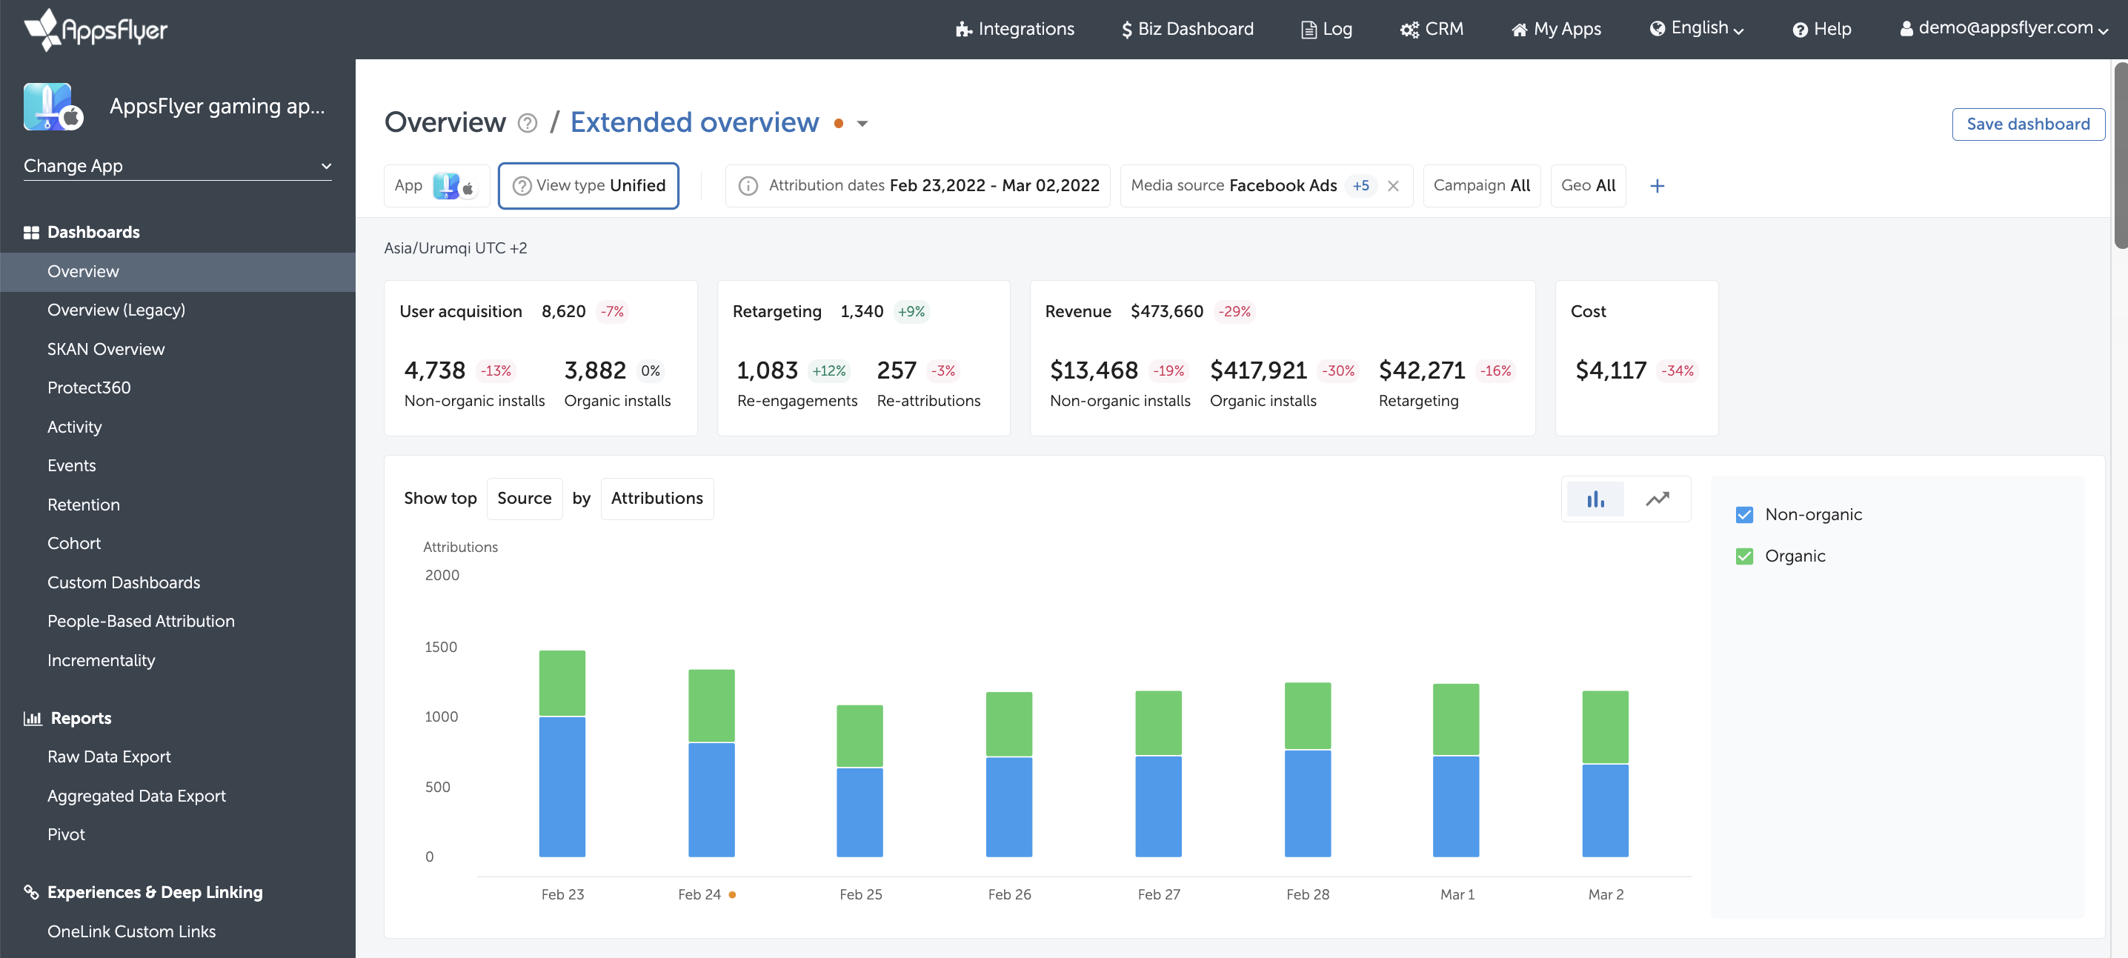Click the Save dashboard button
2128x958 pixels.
pos(2027,124)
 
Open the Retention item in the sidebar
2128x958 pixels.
pos(84,505)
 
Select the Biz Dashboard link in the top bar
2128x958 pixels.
pos(1187,29)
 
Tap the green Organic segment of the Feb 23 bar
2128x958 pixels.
pos(562,683)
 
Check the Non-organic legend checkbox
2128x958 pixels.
pos(1744,514)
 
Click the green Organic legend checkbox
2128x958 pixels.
pos(1744,556)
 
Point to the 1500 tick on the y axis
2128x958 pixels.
pos(440,647)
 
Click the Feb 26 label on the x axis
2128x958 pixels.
pos(1008,894)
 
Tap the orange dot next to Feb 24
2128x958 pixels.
pos(732,894)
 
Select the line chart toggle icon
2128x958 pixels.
pos(1657,499)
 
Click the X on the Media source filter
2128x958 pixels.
pos(1393,186)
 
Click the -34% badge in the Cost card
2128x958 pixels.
pos(1677,370)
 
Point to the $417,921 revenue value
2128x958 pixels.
pos(1257,370)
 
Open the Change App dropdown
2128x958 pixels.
pos(177,166)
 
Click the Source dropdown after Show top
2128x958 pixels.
pos(524,499)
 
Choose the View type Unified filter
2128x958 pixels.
pos(588,186)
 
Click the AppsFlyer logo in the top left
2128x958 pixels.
pos(96,30)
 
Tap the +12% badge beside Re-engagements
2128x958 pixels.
pos(828,370)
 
